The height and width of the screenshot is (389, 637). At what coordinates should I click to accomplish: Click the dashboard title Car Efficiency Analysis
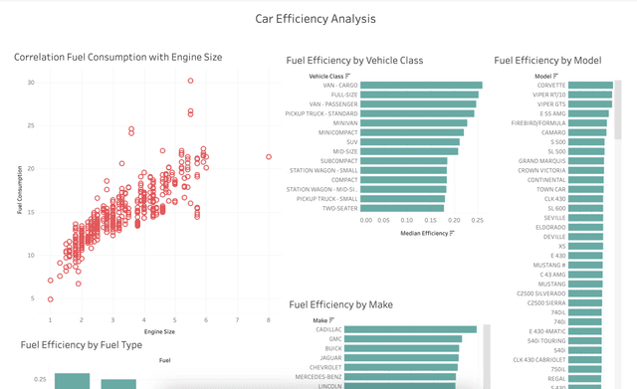[316, 18]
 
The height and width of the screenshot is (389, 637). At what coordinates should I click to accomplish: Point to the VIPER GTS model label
[551, 104]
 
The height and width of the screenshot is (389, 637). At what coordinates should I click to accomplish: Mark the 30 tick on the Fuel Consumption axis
[32, 83]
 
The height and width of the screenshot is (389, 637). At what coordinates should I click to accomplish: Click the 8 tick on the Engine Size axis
[268, 319]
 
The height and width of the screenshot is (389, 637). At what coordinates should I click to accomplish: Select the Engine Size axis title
[159, 331]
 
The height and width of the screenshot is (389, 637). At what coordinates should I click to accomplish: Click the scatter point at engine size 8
[269, 157]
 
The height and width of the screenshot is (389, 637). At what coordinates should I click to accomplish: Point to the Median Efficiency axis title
[424, 233]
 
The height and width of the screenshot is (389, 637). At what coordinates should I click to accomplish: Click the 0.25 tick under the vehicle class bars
[477, 219]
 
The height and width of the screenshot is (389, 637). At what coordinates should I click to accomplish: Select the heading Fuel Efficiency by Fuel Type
[88, 344]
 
